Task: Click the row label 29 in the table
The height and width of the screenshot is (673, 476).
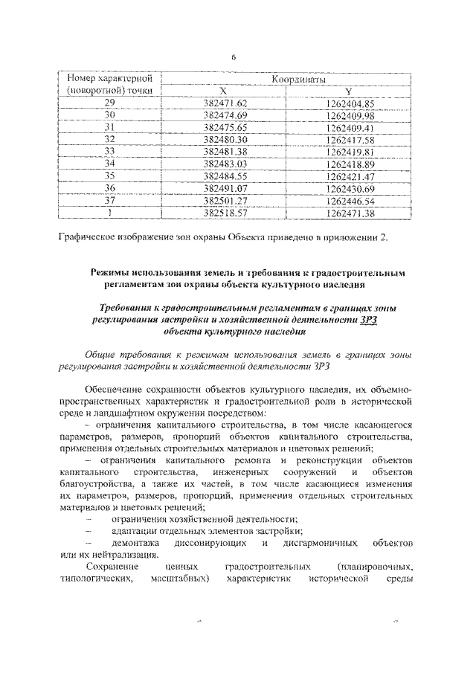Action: (x=110, y=103)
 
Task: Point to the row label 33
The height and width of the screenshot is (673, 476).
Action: (x=110, y=151)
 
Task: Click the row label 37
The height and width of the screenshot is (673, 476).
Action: (x=110, y=200)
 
